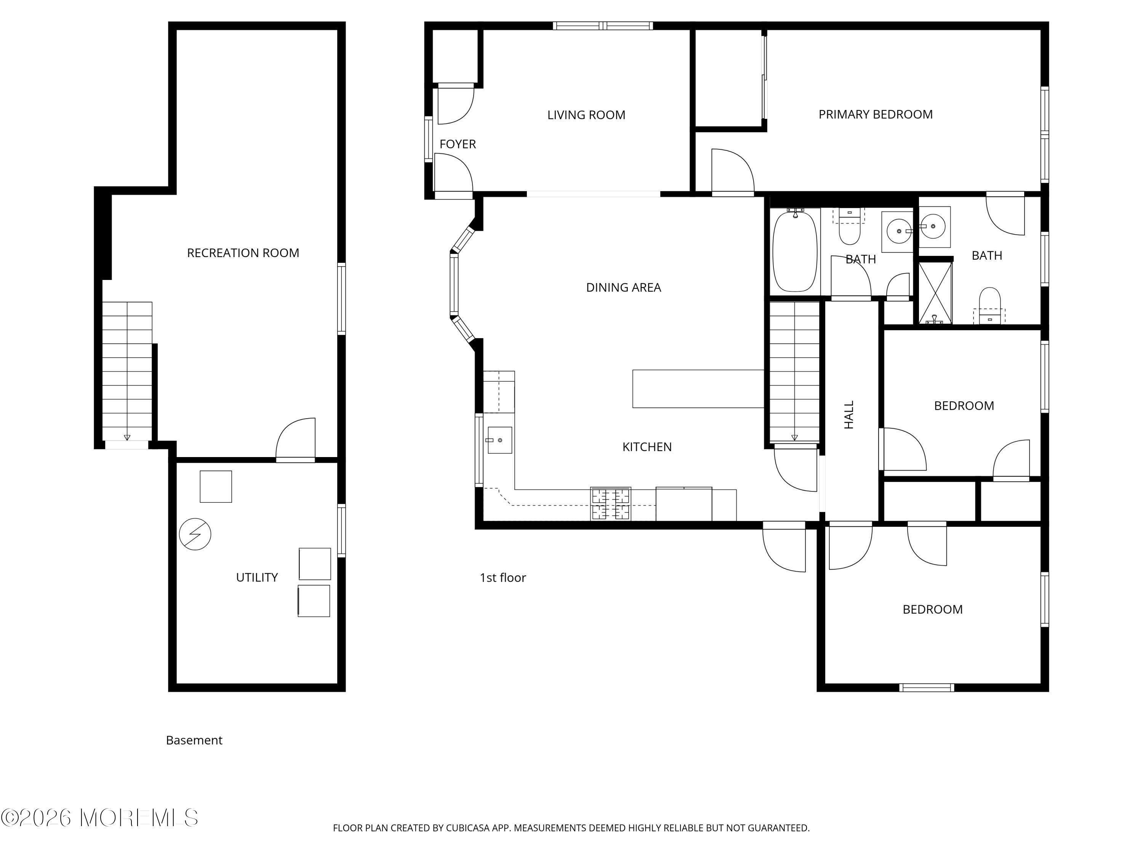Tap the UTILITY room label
tap(257, 577)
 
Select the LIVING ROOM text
tap(586, 115)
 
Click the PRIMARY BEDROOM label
tap(875, 115)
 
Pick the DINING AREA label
tap(623, 288)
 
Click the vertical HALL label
tap(849, 415)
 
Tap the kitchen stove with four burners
tap(611, 504)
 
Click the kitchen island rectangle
tap(698, 389)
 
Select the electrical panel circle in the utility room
tap(195, 534)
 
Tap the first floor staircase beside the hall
tap(795, 372)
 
